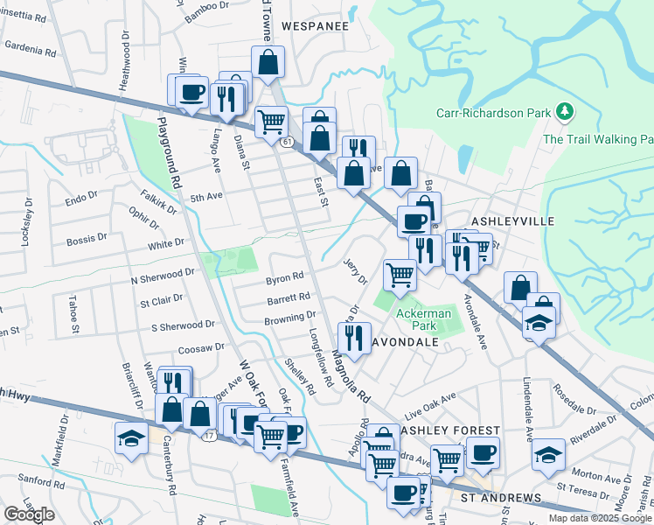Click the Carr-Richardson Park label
coord(494,113)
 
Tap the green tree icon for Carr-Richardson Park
coord(566,111)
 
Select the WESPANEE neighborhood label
coord(315,26)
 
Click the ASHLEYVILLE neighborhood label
coord(513,221)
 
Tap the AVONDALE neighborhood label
coord(405,343)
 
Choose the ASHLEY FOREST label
coord(449,431)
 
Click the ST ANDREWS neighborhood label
coord(501,498)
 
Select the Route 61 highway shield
coord(287,141)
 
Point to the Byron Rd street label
coord(284,279)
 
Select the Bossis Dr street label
coord(87,238)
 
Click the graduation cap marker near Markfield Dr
coord(131,437)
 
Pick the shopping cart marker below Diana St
coord(272,120)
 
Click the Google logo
coord(29,514)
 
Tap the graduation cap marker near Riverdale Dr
coord(548,453)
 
